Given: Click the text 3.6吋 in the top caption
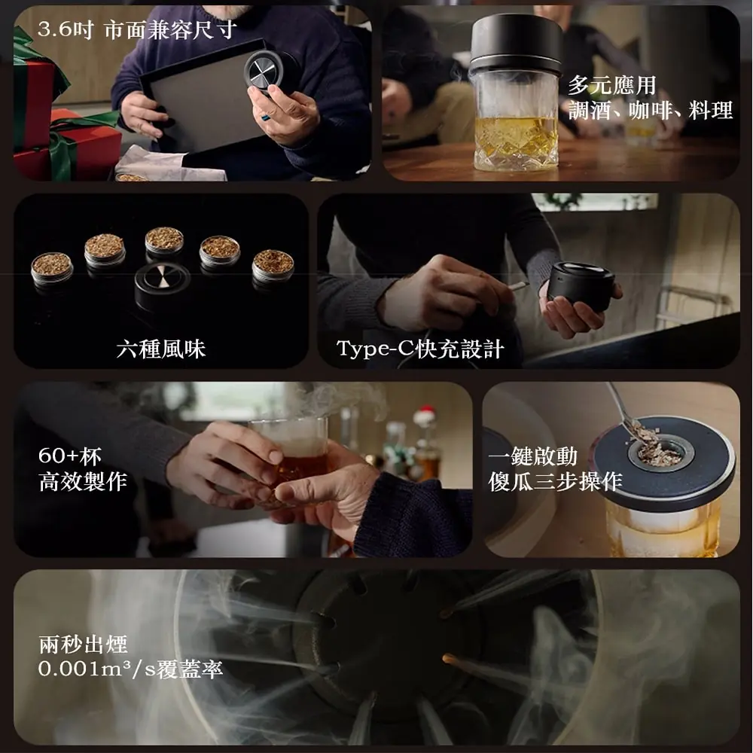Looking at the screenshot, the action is pyautogui.click(x=65, y=30).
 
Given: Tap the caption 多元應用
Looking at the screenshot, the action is pyautogui.click(x=611, y=86).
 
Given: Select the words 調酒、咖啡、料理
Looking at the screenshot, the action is pyautogui.click(x=651, y=111).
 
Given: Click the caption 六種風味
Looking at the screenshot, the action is pyautogui.click(x=161, y=349).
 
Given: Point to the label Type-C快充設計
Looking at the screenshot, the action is pyautogui.click(x=420, y=349).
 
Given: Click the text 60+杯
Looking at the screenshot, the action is pyautogui.click(x=70, y=456).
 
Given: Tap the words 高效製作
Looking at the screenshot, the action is pyautogui.click(x=83, y=481).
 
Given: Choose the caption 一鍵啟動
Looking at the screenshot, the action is pyautogui.click(x=532, y=456).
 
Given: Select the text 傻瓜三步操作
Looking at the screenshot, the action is pyautogui.click(x=555, y=481).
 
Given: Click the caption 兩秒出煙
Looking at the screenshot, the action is pyautogui.click(x=83, y=644).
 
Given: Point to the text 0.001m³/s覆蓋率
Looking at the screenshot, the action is pyautogui.click(x=130, y=669).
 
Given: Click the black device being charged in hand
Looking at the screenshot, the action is pyautogui.click(x=581, y=285).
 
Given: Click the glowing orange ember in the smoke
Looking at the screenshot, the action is pyautogui.click(x=450, y=658).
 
